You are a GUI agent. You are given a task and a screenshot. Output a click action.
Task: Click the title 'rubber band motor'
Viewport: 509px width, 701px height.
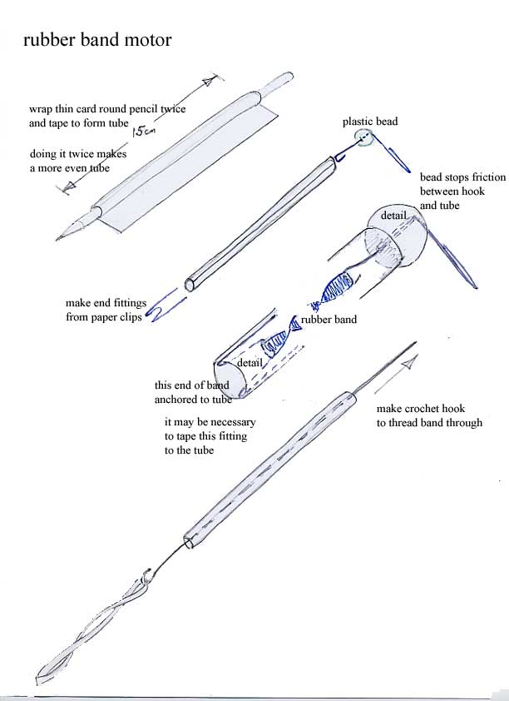point(97,40)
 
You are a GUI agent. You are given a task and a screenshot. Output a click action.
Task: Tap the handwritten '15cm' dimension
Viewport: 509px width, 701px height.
point(143,129)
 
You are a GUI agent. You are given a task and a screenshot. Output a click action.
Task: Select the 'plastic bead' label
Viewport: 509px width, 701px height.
point(370,122)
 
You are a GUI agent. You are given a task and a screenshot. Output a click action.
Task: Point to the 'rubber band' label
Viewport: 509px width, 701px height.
point(329,320)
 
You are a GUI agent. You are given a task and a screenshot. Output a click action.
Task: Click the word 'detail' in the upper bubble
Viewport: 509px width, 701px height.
point(394,216)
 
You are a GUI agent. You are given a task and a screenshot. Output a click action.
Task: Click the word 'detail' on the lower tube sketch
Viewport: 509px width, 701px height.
point(250,364)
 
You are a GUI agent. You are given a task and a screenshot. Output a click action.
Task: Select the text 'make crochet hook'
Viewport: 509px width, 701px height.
point(421,409)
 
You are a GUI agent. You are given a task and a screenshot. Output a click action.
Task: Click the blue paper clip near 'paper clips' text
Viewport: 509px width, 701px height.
point(165,304)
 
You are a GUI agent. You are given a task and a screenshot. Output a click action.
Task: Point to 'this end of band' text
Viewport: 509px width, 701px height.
point(191,385)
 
